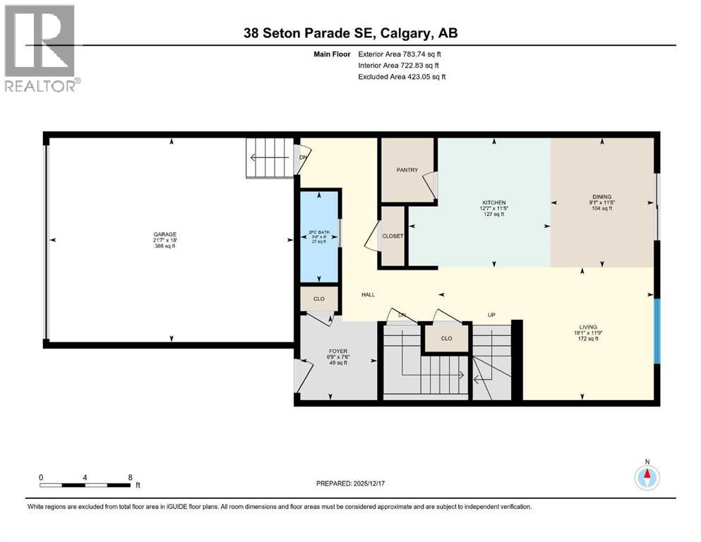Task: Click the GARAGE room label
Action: (x=165, y=234)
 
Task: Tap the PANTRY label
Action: (x=407, y=169)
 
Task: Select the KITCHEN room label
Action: (x=493, y=203)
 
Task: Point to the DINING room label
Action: (x=601, y=197)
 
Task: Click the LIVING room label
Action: (x=588, y=327)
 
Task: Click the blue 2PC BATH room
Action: (x=319, y=236)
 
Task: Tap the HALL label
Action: (x=368, y=294)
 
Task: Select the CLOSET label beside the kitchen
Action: (x=393, y=236)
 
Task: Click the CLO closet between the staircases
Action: (x=446, y=338)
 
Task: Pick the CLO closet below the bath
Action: (x=319, y=299)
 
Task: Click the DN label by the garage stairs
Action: (x=304, y=157)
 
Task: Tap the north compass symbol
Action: (x=647, y=477)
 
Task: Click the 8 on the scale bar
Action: (x=130, y=477)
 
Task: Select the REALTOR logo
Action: (x=40, y=48)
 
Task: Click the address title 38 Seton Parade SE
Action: (x=349, y=33)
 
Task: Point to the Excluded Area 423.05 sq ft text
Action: (x=402, y=76)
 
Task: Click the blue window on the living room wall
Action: (x=657, y=331)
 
